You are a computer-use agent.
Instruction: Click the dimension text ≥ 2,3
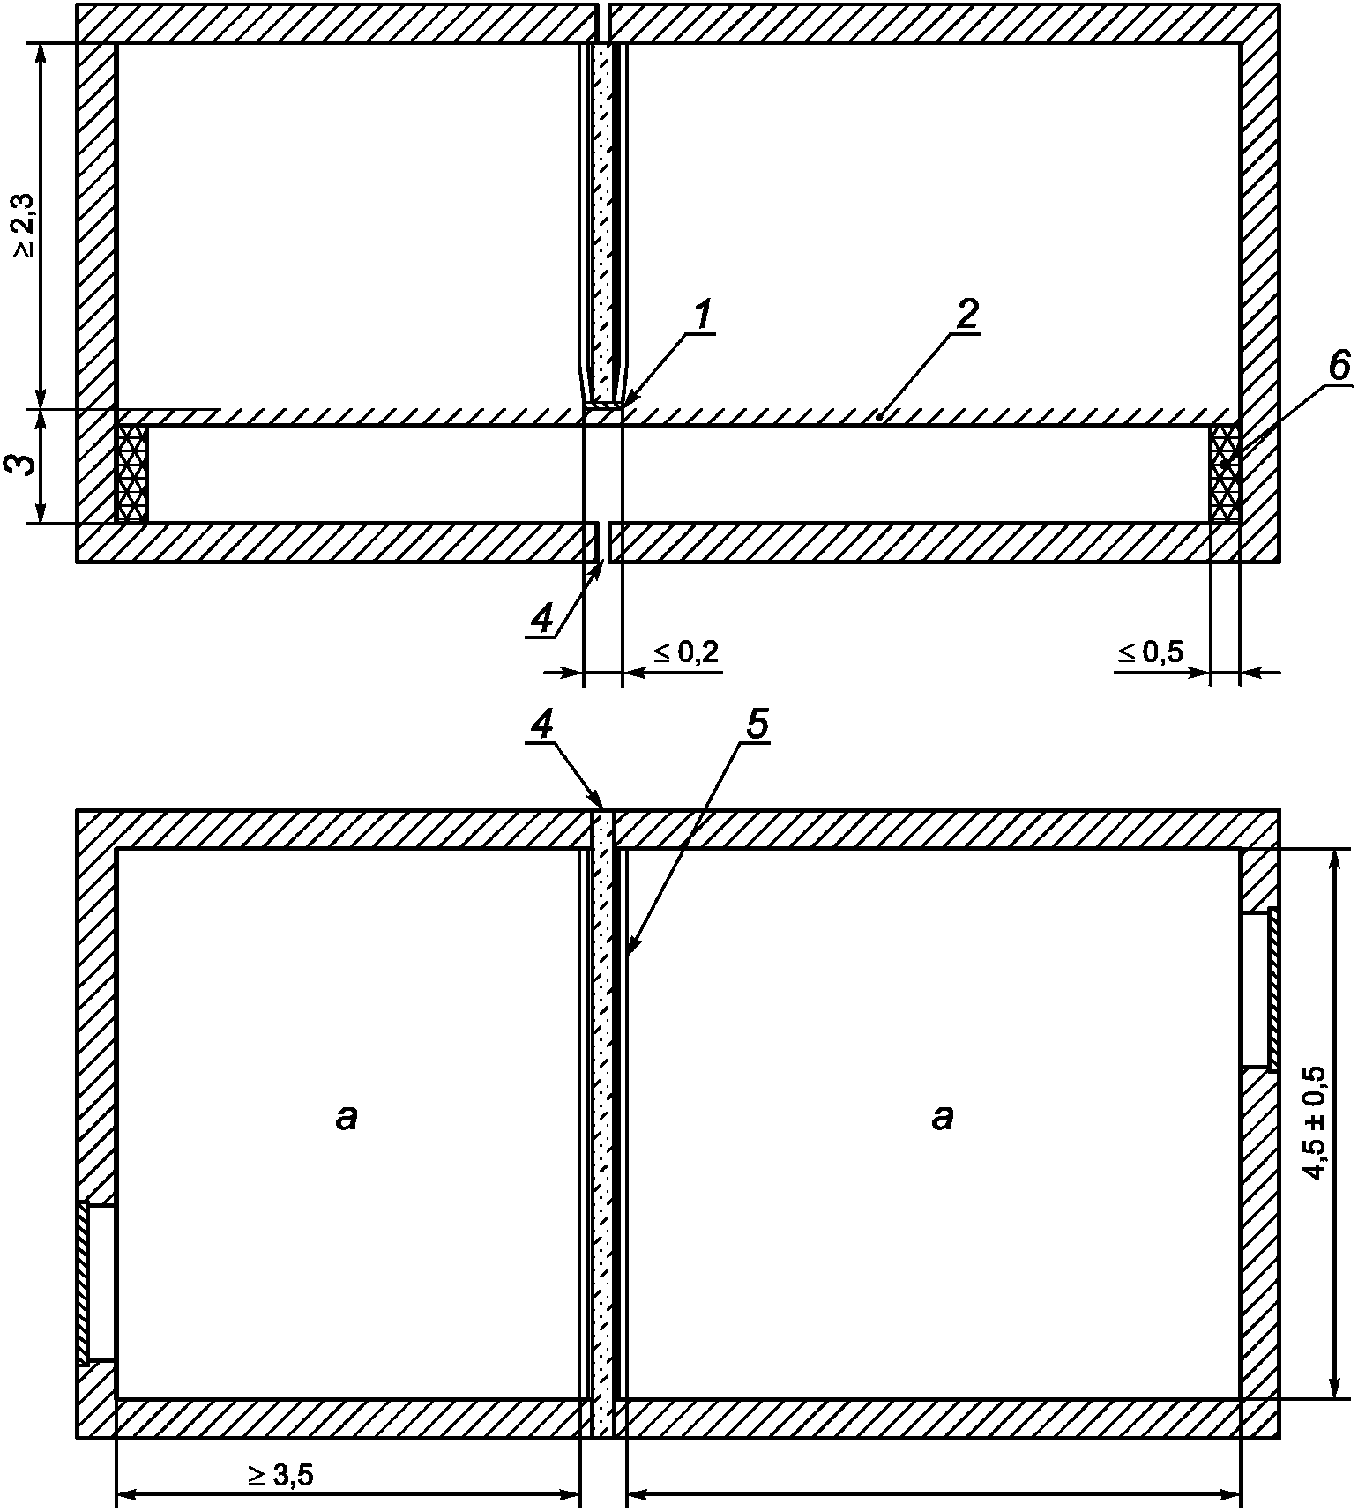click(25, 226)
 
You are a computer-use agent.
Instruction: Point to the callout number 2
click(966, 314)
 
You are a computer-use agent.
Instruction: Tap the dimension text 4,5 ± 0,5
click(1315, 1122)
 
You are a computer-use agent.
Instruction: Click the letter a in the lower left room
click(347, 1118)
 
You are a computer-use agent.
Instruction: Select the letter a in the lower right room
click(942, 1118)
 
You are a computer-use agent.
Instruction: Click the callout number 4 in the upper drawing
click(541, 620)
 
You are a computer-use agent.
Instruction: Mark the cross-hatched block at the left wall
click(132, 473)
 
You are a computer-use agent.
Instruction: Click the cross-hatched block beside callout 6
click(1225, 473)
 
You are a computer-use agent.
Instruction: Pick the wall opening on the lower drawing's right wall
click(1257, 989)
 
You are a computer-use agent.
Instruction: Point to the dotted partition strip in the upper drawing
click(603, 220)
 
